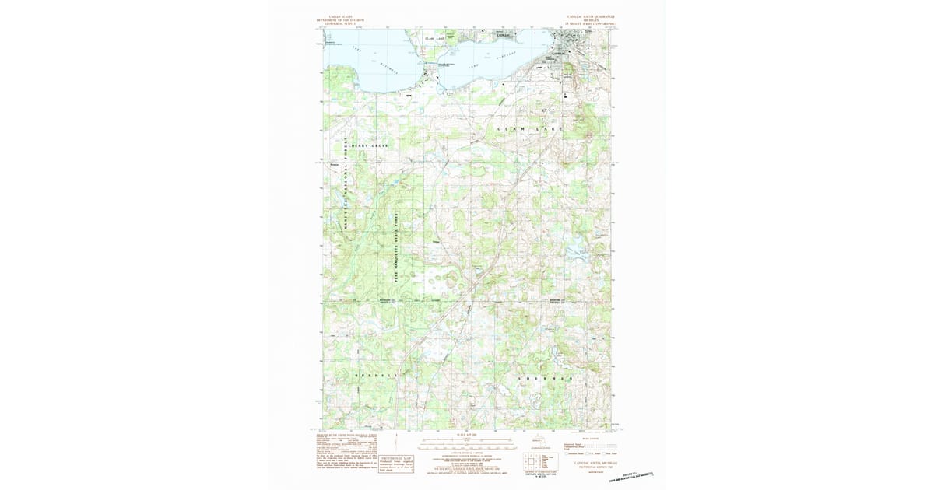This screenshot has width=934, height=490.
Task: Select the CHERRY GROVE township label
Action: [367, 145]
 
